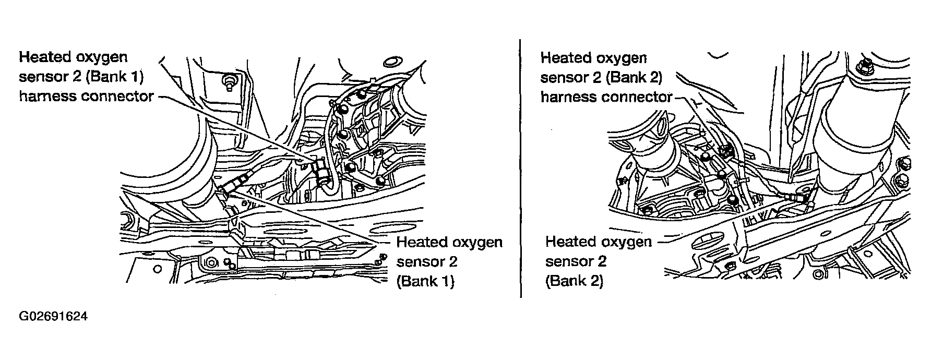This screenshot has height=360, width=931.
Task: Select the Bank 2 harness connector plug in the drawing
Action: tap(725, 151)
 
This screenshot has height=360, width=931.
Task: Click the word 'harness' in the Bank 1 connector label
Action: tap(46, 97)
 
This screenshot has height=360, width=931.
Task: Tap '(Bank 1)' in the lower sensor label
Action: tap(426, 282)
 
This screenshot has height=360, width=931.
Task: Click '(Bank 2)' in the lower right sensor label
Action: tap(574, 281)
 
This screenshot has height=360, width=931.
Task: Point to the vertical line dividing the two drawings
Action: tap(521, 167)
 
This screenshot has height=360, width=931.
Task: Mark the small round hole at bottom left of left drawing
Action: tap(157, 270)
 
